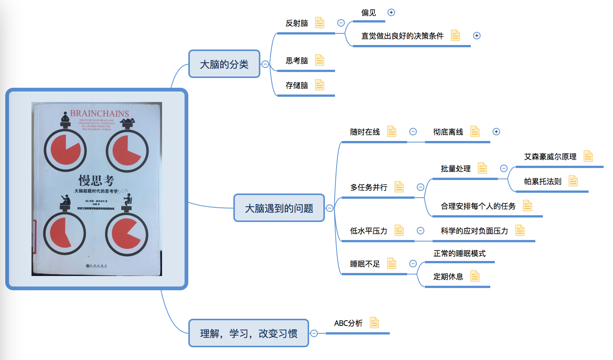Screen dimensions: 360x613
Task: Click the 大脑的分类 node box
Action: point(224,64)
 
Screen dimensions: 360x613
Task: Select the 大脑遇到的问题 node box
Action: point(279,208)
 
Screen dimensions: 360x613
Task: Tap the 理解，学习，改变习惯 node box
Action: point(248,333)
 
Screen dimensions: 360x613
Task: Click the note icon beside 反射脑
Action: point(319,23)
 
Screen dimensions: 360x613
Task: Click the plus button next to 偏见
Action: point(391,12)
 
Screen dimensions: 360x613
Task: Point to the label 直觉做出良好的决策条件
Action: point(402,36)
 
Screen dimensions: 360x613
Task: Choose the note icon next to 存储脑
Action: point(319,85)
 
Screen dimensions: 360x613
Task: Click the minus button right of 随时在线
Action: point(413,132)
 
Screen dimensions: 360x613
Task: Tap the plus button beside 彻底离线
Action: point(496,132)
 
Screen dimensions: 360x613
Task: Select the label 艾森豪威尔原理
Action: point(550,157)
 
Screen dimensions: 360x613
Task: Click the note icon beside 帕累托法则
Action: point(573,181)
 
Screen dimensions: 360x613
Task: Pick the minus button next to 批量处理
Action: point(504,168)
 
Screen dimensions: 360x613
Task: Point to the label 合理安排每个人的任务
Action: point(478,206)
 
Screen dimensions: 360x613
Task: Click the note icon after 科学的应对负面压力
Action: point(520,231)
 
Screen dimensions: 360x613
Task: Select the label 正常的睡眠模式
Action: point(459,253)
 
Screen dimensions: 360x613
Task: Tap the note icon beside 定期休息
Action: point(475,276)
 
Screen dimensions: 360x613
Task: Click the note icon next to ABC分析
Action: point(374,323)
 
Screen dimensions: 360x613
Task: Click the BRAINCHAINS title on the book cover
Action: point(99,113)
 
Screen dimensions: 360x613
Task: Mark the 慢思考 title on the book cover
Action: point(96,180)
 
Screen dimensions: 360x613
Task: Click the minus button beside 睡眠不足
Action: point(413,264)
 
